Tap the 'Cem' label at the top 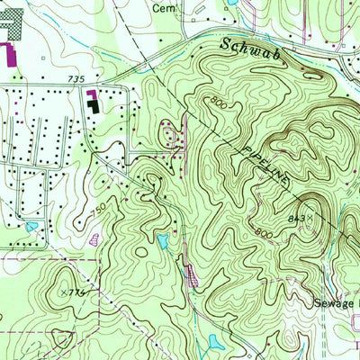point(162,7)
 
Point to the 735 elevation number point(76,80)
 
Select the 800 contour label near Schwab point(217,102)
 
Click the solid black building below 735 point(94,106)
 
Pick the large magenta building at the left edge point(11,56)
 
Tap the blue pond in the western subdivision point(31,226)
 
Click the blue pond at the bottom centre point(215,342)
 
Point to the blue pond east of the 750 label point(163,240)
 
